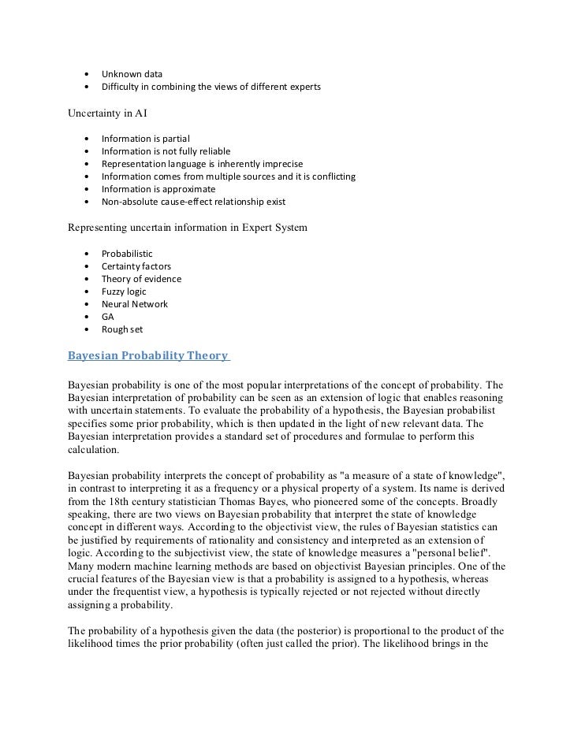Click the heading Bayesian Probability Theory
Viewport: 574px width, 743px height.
147,356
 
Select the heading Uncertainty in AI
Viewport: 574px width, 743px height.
107,112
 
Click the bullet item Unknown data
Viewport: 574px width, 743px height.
131,74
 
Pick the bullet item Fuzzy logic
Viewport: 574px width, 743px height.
124,292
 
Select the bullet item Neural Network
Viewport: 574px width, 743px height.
134,304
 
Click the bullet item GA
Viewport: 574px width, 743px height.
108,317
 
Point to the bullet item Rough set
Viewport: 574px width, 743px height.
122,329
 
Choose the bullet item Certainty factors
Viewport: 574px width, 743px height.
136,266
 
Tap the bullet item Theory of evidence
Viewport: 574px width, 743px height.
141,279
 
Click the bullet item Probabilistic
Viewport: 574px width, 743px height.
127,254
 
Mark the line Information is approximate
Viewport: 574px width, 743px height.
158,189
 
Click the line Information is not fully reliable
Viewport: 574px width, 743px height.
166,151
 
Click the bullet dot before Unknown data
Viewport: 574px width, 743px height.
85,74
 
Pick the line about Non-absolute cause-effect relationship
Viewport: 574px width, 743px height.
193,202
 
